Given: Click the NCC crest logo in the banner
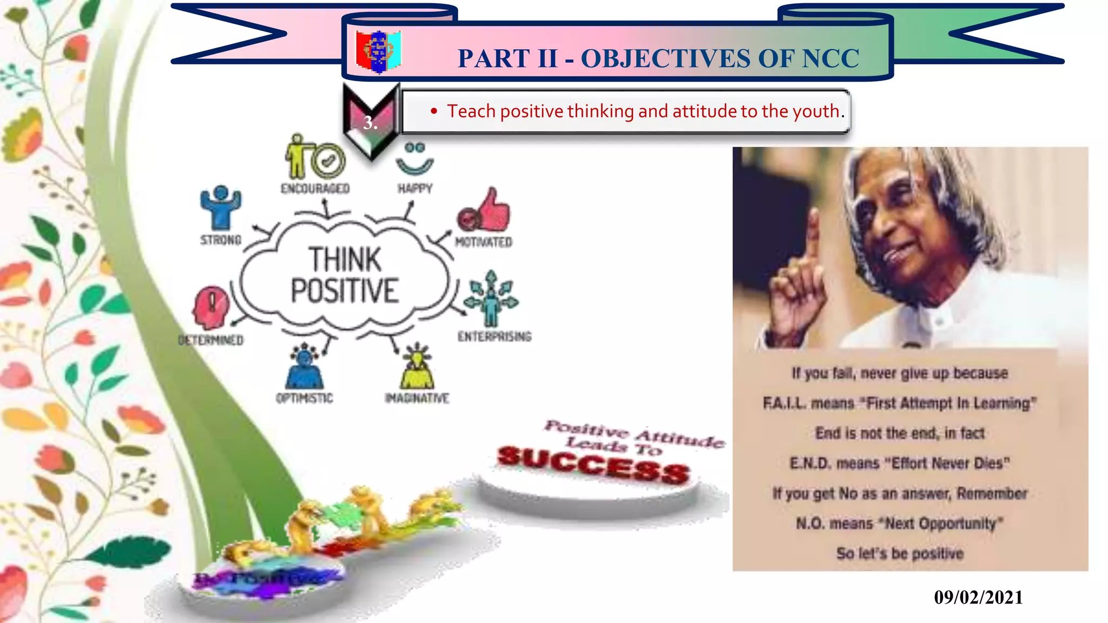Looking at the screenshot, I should [378, 51].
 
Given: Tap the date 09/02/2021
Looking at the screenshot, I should [978, 598].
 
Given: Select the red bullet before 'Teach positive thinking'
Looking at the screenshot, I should [434, 111].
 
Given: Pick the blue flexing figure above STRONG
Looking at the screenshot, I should [221, 207].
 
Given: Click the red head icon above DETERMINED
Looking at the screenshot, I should [211, 307].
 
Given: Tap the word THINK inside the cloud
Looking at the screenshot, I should [345, 259].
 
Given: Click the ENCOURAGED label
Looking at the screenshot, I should [315, 189].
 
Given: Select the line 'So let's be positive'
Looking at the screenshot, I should [900, 553].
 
